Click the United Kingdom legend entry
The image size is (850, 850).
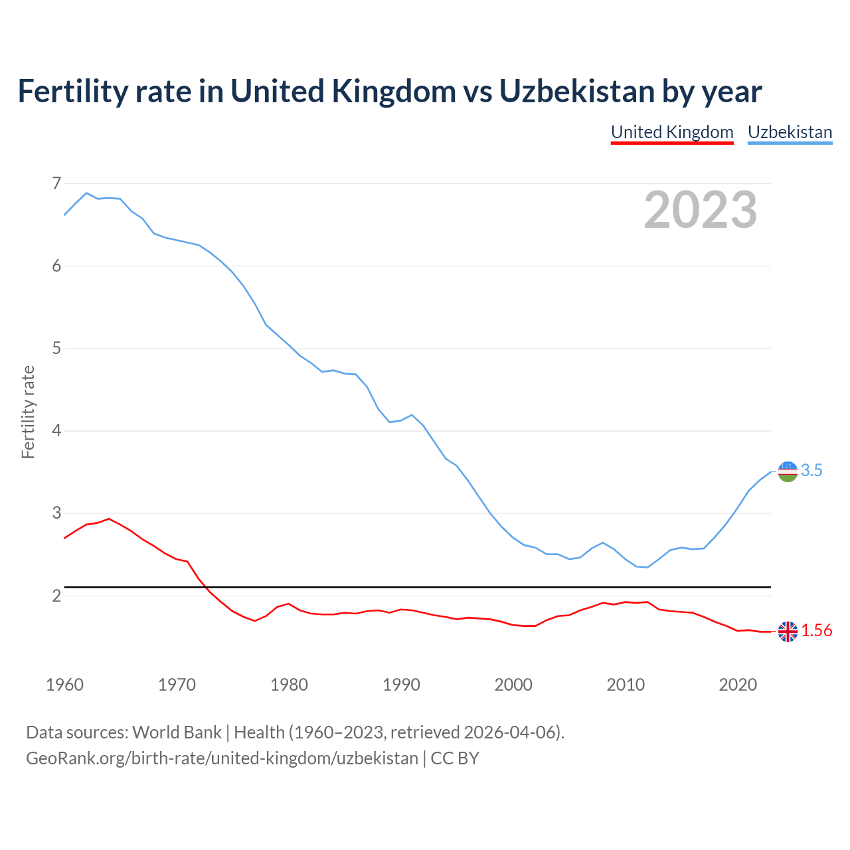[x=672, y=132]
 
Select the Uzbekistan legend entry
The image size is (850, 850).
[x=790, y=132]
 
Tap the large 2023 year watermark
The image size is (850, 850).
[x=701, y=210]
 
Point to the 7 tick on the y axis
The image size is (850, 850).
[x=56, y=183]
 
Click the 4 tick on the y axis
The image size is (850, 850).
[x=56, y=431]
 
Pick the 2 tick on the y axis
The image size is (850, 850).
[x=56, y=596]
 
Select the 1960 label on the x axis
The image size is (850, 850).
[x=64, y=685]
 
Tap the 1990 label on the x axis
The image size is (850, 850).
[x=401, y=685]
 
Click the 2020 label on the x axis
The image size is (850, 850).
[x=738, y=685]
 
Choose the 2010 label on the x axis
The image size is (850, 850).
[x=626, y=685]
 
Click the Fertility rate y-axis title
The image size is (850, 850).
[x=28, y=412]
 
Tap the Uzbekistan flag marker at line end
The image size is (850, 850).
[x=788, y=471]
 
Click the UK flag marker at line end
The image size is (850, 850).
[x=788, y=632]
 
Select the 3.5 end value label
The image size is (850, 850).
[x=811, y=471]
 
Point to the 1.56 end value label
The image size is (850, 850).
[x=816, y=631]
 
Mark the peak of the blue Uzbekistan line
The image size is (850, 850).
[x=86, y=193]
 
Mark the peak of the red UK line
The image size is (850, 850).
[x=109, y=519]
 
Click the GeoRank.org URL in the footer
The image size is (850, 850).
[x=222, y=758]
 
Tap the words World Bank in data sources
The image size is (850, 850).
[x=177, y=732]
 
